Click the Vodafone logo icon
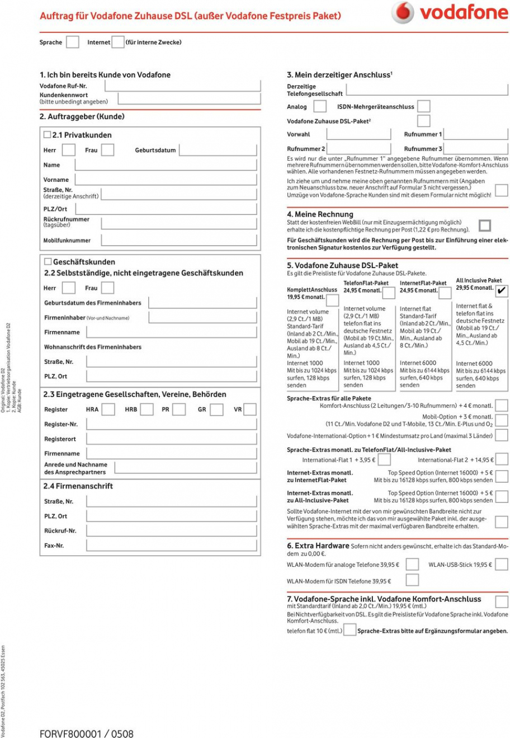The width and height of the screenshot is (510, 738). (x=403, y=12)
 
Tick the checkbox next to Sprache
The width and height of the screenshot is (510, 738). (x=73, y=42)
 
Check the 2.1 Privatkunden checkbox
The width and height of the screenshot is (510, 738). (x=47, y=135)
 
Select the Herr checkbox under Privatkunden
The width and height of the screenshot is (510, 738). (x=69, y=150)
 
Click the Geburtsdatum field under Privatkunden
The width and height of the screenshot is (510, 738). (x=218, y=150)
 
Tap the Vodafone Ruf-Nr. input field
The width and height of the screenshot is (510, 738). (x=182, y=86)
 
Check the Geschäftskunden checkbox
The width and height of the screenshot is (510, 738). (x=48, y=261)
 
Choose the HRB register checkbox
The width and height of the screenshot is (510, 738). (x=147, y=410)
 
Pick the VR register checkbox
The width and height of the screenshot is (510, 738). (x=250, y=410)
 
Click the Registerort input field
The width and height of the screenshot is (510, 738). (x=171, y=439)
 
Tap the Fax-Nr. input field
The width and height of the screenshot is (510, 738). (x=171, y=545)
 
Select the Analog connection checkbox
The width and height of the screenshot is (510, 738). (x=320, y=106)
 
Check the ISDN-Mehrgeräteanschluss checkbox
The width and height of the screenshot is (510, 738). (x=424, y=106)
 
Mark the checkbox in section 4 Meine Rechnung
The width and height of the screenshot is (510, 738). (x=485, y=225)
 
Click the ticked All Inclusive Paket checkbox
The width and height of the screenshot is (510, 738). (x=502, y=290)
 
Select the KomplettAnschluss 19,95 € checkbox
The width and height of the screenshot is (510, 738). (x=332, y=300)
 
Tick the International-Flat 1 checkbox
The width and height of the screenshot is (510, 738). (x=384, y=460)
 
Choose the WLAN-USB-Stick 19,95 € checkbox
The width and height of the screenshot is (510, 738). (x=502, y=564)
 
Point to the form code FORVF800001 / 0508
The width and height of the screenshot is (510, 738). (x=87, y=732)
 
